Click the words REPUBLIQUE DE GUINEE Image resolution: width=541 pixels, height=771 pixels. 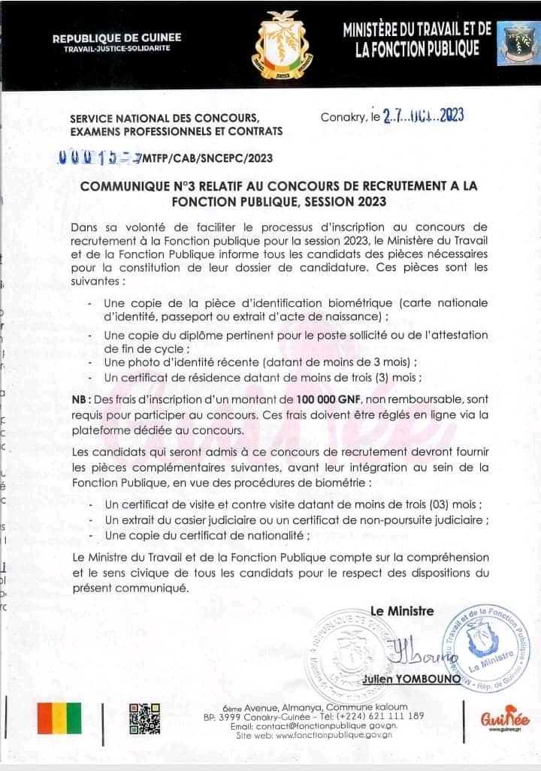116,38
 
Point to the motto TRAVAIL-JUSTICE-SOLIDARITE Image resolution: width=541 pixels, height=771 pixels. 116,49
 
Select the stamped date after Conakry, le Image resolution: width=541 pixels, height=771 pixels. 422,115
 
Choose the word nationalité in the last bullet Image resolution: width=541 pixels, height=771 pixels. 275,535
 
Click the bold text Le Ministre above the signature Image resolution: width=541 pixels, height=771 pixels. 402,610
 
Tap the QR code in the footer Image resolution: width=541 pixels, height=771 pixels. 144,718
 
